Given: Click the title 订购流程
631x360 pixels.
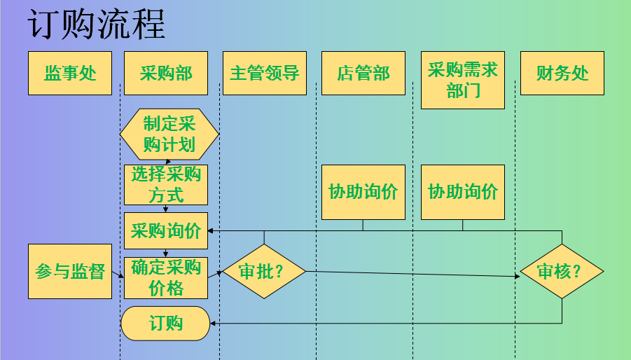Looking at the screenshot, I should pos(97,25).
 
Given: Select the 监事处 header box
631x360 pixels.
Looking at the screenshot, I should pos(70,73).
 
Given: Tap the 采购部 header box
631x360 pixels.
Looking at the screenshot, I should pos(166,73).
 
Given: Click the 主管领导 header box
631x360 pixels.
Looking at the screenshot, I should pos(265,73).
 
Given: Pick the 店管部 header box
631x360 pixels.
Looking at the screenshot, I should pos(363,73).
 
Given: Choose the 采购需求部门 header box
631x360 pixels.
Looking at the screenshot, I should pos(463,80).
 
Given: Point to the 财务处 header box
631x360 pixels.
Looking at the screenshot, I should pos(562,73).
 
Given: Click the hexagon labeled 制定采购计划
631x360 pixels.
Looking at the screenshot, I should pos(169,134).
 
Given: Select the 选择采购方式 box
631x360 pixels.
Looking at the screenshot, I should pos(166,185).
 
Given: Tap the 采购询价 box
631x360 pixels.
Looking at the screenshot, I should pos(166,230).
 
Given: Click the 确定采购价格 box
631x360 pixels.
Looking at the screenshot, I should pos(166,277).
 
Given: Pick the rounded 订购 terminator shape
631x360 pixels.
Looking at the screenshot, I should pos(166,323).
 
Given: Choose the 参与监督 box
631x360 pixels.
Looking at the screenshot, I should pos(70,271).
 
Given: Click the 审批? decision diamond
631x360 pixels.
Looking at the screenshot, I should pos(264,272).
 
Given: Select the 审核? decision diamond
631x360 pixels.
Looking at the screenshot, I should pos(562,272).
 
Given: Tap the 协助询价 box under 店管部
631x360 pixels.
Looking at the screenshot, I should pos(363,192).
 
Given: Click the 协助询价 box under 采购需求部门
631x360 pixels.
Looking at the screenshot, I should pos(463,192).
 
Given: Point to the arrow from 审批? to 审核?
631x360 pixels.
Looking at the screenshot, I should pos(413,274).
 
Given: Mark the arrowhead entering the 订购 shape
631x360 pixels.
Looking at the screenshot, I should pos(214,323).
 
